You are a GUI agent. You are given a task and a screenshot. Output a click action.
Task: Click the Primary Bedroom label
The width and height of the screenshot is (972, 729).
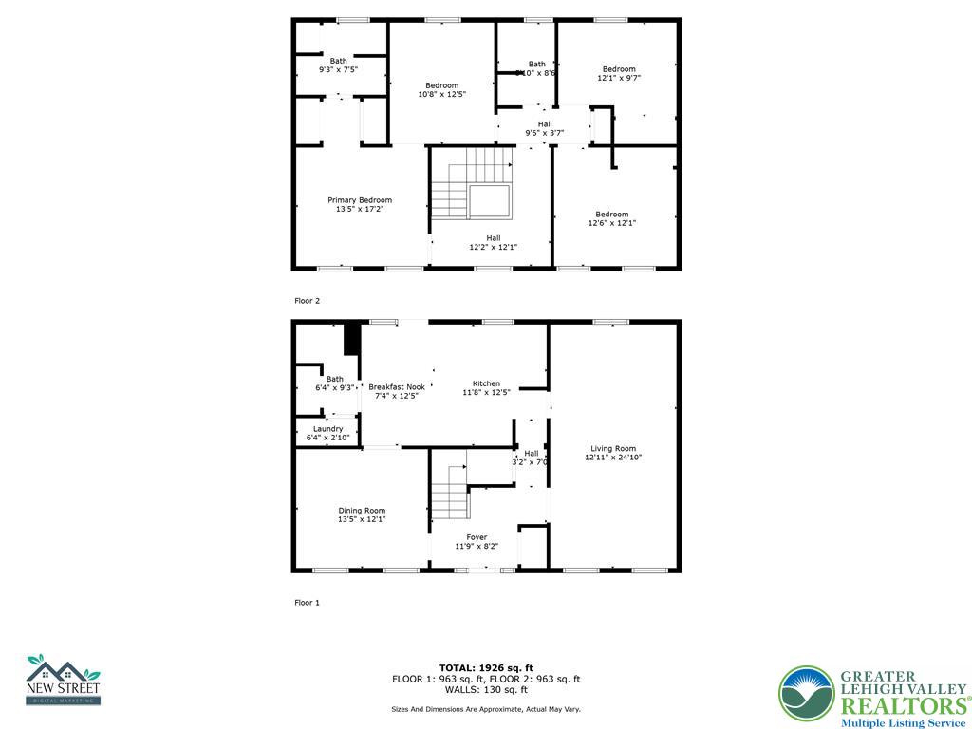[360, 200]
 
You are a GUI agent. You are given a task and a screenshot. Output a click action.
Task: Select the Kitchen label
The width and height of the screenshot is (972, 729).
[486, 383]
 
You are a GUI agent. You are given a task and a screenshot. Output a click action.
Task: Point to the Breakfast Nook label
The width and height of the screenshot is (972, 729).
[396, 387]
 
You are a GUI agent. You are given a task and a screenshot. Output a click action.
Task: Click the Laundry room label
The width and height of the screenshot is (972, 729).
[327, 429]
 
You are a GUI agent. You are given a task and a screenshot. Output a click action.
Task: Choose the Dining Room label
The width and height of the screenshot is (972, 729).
[362, 511]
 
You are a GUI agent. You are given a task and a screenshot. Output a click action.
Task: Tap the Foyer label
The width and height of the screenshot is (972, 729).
[477, 537]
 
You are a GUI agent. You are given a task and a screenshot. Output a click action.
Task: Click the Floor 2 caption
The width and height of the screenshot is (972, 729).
[307, 301]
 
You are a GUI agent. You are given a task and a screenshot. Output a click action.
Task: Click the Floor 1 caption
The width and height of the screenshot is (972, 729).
[307, 603]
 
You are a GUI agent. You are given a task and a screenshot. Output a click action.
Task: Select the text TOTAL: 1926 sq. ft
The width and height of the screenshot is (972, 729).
[486, 667]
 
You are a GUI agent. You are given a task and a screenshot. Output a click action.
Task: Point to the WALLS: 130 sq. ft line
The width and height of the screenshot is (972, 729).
[486, 690]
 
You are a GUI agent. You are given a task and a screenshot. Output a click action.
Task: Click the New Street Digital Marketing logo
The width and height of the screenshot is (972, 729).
[63, 680]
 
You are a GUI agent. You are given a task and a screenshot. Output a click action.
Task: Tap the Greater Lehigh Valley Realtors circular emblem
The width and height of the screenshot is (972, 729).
[806, 693]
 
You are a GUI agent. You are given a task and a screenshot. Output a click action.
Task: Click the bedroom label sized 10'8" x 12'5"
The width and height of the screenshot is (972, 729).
[441, 85]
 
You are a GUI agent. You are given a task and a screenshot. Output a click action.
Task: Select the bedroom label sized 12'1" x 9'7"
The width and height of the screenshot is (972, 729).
[619, 69]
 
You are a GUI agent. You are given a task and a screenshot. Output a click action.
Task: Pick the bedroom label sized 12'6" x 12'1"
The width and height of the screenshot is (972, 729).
[612, 215]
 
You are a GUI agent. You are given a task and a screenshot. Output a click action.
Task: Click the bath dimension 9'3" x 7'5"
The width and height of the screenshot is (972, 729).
[338, 70]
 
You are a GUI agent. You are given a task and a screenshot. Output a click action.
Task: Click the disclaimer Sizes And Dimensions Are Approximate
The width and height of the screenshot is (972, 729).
[486, 709]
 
